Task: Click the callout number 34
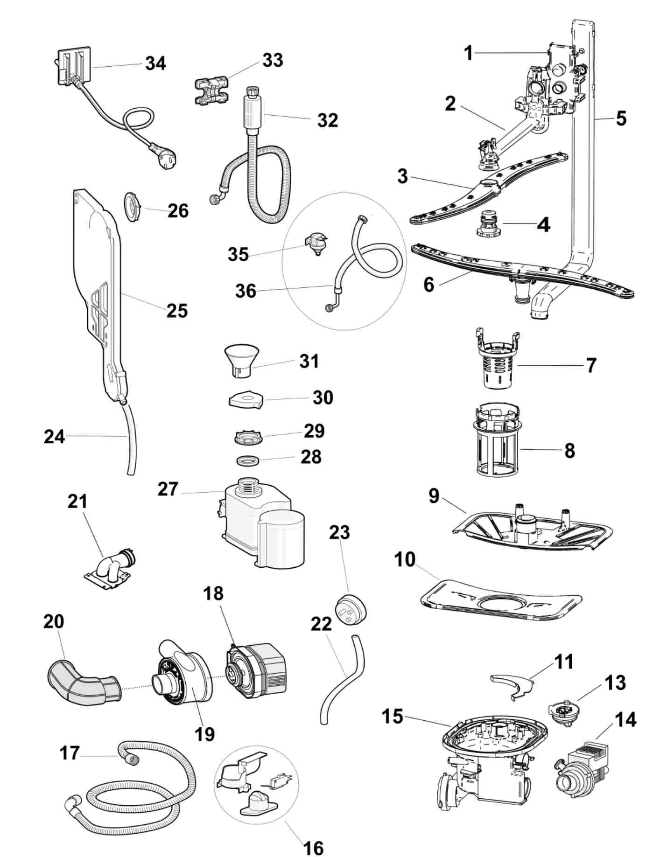coord(155,63)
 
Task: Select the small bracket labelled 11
coord(511,685)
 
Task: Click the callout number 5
coord(620,118)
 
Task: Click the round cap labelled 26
coord(133,204)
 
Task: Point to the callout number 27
coord(168,489)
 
